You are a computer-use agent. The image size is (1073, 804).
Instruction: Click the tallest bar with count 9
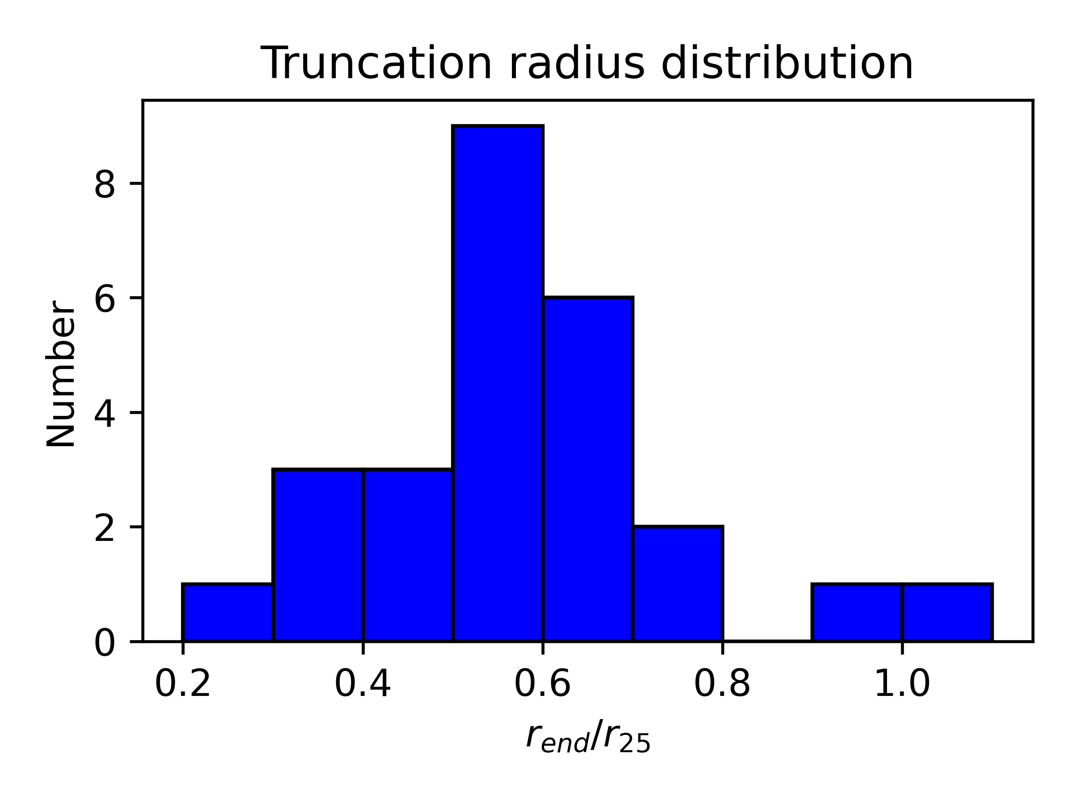click(498, 383)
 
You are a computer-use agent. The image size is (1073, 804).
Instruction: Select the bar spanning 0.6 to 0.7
click(587, 469)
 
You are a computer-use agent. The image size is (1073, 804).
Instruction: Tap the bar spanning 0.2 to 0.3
click(228, 612)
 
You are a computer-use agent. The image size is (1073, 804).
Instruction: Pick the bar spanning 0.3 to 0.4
click(318, 555)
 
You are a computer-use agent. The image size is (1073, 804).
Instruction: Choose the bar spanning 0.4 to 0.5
click(407, 555)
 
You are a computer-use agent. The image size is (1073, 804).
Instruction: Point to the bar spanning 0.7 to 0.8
click(678, 583)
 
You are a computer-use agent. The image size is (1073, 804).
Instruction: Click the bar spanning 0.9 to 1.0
click(857, 612)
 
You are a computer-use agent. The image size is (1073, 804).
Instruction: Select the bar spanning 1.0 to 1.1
click(947, 612)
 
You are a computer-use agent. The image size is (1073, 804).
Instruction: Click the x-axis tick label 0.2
click(183, 685)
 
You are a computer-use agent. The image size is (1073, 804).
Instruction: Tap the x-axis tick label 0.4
click(363, 685)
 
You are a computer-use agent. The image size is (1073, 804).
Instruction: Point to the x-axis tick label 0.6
click(543, 685)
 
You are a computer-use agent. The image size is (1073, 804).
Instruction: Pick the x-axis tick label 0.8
click(723, 685)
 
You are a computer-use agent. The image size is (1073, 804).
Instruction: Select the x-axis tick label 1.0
click(902, 685)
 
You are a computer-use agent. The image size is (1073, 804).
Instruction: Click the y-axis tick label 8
click(105, 184)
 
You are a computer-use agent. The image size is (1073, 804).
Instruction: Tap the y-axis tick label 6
click(105, 298)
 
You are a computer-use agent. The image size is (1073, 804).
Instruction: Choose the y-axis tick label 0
click(105, 643)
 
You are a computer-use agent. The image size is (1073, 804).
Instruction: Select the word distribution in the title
click(787, 63)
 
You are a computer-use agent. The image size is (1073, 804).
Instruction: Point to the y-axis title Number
click(61, 373)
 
